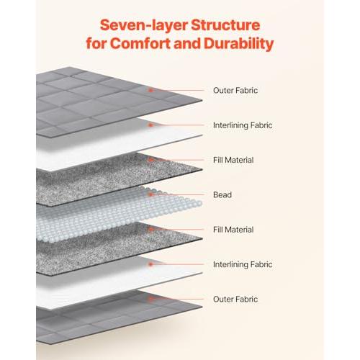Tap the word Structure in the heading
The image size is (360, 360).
click(225, 25)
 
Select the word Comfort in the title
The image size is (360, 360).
click(140, 43)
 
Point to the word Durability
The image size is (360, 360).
click(239, 44)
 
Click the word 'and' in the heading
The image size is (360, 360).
click(187, 43)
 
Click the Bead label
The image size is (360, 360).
click(222, 194)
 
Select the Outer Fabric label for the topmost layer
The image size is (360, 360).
click(235, 90)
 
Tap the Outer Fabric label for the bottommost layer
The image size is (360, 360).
click(235, 299)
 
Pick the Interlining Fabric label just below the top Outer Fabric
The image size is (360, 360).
click(243, 125)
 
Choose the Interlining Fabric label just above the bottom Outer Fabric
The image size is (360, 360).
click(243, 264)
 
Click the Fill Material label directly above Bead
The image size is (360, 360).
click(233, 160)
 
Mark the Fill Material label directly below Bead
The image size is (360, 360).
click(233, 230)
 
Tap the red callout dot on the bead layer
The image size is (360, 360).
click(150, 194)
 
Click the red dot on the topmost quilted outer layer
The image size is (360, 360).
click(150, 90)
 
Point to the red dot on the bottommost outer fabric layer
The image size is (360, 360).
click(150, 299)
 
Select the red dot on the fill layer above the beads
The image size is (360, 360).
click(150, 160)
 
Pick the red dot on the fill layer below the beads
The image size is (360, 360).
click(150, 229)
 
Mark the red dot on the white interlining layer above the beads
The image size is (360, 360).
click(150, 125)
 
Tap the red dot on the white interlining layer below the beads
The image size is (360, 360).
click(150, 264)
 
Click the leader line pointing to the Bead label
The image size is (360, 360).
click(178, 194)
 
